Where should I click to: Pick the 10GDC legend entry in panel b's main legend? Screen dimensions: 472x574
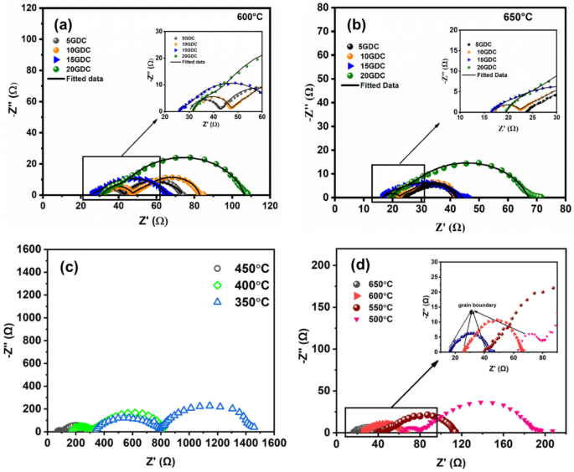pos(374,57)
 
